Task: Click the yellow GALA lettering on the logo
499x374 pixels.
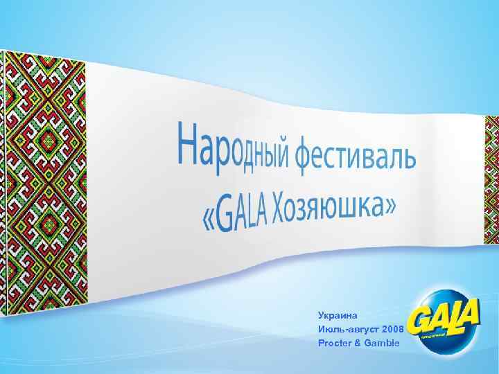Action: [444, 320]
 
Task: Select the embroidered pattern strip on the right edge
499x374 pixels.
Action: [491, 180]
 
